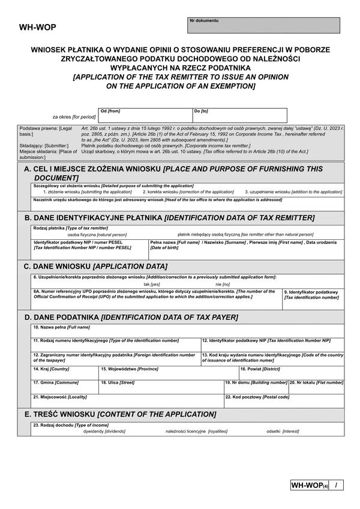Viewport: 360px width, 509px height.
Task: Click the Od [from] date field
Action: (145, 116)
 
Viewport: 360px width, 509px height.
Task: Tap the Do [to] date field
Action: (239, 116)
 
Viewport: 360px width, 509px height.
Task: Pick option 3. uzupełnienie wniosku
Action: (293, 191)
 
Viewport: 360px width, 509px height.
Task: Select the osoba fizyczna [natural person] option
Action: (97, 234)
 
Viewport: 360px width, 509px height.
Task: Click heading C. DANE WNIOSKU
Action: (96, 266)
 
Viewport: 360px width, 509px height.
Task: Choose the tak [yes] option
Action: (151, 284)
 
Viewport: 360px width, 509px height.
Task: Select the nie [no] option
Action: (223, 284)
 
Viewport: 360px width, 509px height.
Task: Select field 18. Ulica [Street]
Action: (160, 387)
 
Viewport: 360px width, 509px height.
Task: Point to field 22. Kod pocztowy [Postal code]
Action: (284, 400)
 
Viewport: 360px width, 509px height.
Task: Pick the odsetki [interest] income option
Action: (282, 431)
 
